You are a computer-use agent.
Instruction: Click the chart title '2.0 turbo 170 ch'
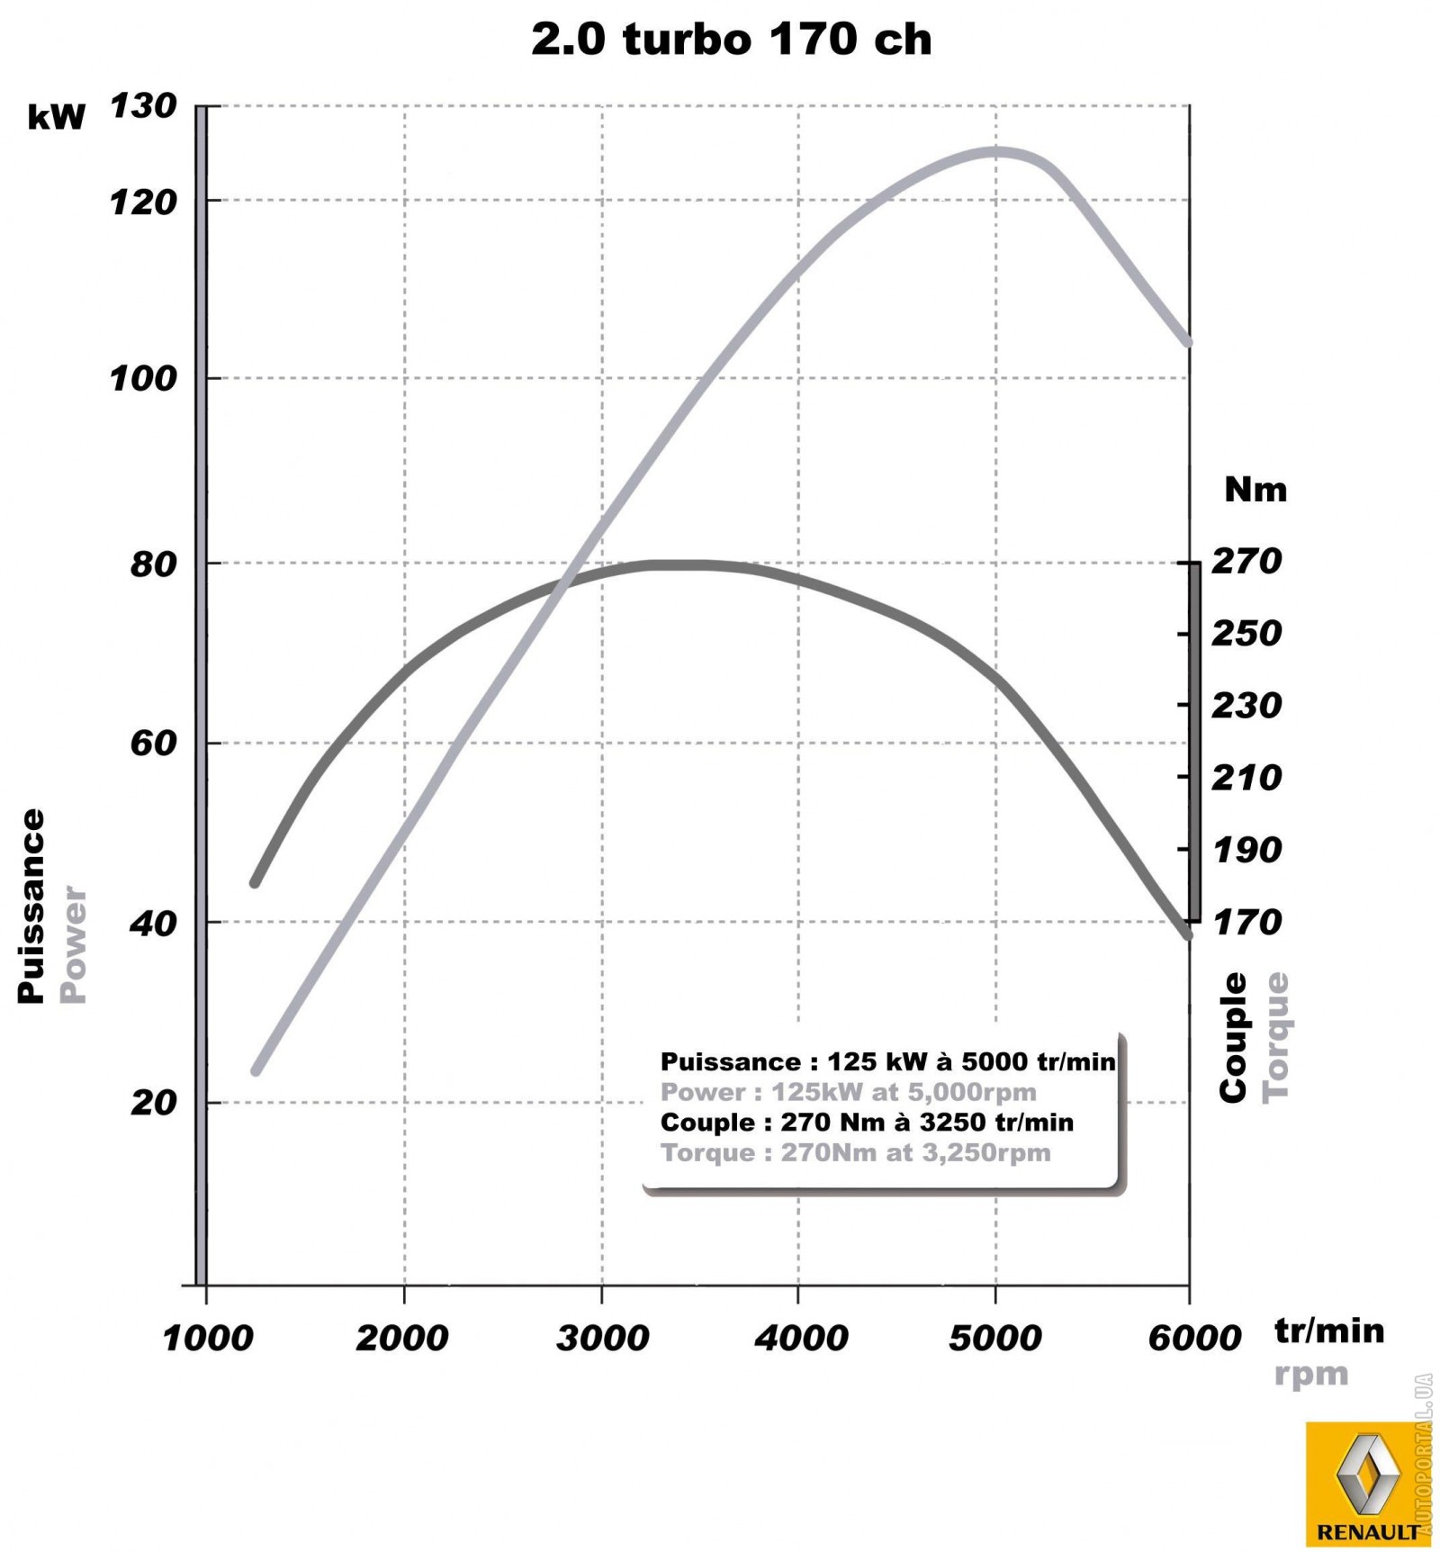(731, 40)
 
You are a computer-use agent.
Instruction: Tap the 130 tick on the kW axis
(143, 106)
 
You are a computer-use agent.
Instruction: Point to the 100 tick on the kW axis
(143, 378)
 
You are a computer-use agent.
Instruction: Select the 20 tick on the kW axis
(153, 1102)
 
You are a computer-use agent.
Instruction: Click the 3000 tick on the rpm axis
(601, 1338)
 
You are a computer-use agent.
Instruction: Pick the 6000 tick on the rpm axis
(1193, 1338)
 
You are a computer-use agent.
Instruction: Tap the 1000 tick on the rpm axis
(207, 1338)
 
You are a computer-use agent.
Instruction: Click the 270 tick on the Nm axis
(1246, 562)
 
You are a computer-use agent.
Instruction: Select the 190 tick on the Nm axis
(1246, 850)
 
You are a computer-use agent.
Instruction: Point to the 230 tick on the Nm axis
(1246, 706)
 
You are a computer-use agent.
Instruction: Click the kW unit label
(56, 118)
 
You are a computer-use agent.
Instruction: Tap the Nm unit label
(1255, 490)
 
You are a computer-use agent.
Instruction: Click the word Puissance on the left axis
(31, 905)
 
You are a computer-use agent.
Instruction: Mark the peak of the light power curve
(994, 152)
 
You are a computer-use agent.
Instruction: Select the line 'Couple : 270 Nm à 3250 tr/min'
(866, 1123)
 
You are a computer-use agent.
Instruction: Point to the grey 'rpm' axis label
(1310, 1376)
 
